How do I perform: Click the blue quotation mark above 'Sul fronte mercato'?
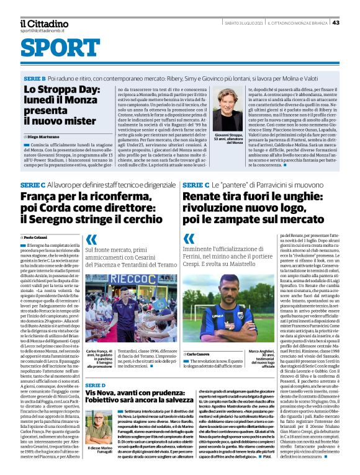coord(91,239)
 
